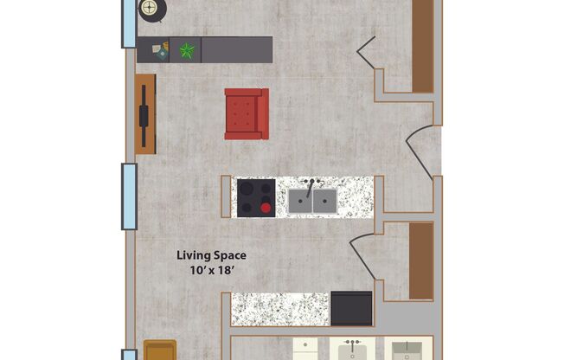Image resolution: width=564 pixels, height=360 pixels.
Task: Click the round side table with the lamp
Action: point(151,10)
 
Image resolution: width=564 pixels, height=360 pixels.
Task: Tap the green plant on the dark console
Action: point(185,50)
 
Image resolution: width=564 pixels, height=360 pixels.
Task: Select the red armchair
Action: point(247,113)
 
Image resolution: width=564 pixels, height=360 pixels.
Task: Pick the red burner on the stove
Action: point(266,207)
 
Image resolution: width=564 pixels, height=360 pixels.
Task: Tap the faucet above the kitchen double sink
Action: point(310,185)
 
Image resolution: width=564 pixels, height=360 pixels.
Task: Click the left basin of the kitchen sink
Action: point(299,202)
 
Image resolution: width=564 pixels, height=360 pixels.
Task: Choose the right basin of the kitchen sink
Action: point(324,202)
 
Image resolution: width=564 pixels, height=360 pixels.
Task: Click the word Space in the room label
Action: point(230,256)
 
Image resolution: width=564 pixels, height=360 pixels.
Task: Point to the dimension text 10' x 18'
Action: point(212,271)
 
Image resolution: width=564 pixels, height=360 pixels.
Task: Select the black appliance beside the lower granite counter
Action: point(351,308)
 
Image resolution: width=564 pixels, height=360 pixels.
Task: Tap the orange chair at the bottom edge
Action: point(159,350)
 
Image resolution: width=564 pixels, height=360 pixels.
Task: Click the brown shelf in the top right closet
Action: point(422,45)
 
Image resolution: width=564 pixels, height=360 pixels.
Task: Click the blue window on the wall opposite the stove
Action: point(129,196)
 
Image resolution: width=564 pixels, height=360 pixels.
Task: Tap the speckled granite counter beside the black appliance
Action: point(280,309)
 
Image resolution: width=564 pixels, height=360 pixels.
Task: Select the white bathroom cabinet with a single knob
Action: point(304,350)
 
